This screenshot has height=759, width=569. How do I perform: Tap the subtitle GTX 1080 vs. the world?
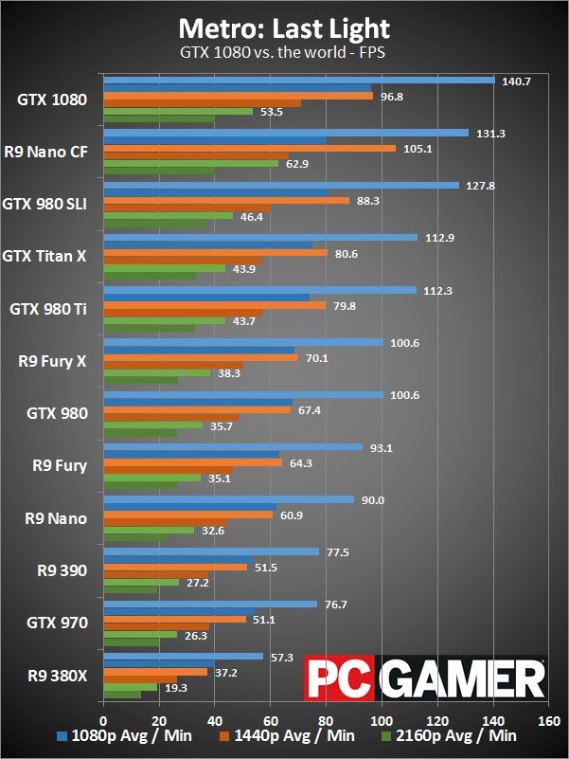point(284,53)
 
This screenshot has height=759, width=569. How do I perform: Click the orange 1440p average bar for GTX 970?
point(174,620)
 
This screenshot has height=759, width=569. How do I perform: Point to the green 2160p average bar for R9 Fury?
point(151,479)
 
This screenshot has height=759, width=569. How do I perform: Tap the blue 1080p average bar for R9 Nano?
point(227,499)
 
